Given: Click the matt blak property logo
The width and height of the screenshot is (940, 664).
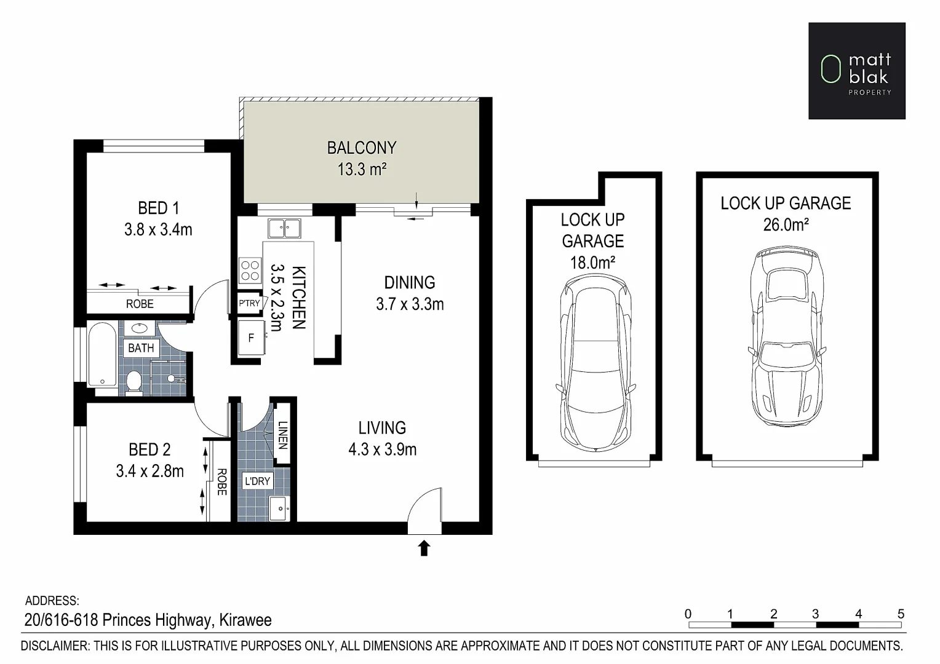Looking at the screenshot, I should click(x=856, y=71).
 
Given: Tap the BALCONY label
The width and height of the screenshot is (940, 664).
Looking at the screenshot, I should click(x=361, y=148).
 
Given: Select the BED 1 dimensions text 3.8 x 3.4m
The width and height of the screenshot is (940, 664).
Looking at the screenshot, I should click(x=158, y=230).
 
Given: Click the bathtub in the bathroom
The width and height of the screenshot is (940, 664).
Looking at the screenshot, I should click(x=102, y=355).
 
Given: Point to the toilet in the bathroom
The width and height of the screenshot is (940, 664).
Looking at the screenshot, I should click(x=133, y=381).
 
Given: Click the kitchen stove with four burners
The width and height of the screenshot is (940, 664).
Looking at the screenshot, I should click(x=250, y=271).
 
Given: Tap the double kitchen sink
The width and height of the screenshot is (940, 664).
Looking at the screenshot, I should click(x=284, y=228).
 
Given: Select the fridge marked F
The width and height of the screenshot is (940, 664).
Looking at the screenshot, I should click(x=251, y=338).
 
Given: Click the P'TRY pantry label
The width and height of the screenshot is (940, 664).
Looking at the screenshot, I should click(x=249, y=303).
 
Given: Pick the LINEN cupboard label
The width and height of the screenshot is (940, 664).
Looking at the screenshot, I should click(x=282, y=435).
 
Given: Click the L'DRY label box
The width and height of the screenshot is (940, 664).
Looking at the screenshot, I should click(x=257, y=481).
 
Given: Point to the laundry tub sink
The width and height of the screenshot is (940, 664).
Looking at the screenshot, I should click(x=279, y=508).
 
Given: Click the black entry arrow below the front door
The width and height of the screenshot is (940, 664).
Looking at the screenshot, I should click(x=424, y=548).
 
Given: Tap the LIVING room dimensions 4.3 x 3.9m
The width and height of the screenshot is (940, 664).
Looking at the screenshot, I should click(x=382, y=449).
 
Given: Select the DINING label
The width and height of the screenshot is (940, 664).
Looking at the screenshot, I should click(x=409, y=283).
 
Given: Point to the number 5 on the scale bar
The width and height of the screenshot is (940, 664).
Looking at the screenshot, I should click(x=901, y=614).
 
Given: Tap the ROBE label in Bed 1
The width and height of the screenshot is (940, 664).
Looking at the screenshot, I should click(x=140, y=304).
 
